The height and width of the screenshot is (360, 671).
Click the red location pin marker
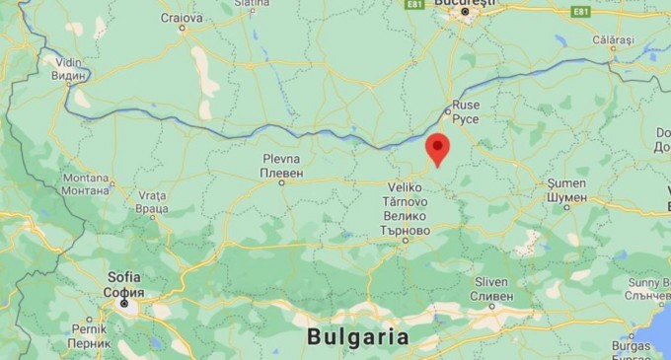click(x=437, y=149)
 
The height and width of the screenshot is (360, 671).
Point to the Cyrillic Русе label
click(x=466, y=118)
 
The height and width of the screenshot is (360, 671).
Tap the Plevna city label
click(x=281, y=159)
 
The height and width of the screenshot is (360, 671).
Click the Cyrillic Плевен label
click(x=281, y=173)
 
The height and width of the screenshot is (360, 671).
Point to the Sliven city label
click(x=492, y=282)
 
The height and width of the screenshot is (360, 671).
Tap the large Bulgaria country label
click(x=357, y=336)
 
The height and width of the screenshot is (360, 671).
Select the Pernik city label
click(x=90, y=330)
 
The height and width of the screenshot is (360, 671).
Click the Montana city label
click(x=85, y=178)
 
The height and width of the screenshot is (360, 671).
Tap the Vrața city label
click(x=152, y=196)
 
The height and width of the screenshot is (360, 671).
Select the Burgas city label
click(x=630, y=346)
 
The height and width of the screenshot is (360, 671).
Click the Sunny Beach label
click(x=646, y=283)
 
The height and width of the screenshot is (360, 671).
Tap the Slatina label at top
click(x=253, y=4)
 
